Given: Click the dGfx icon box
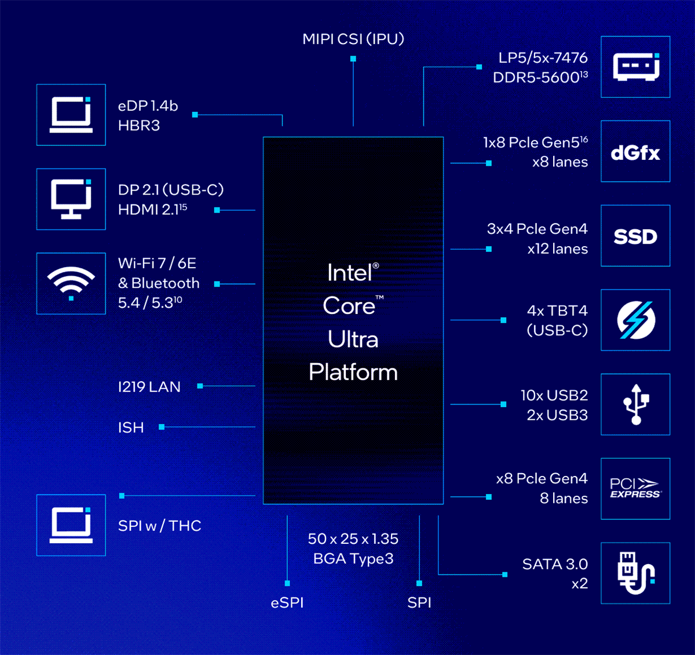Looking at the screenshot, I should (x=635, y=152).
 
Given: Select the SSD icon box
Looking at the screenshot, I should (x=635, y=236).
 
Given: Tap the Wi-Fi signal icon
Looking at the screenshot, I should (x=71, y=283).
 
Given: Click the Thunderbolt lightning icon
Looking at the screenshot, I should (x=635, y=320).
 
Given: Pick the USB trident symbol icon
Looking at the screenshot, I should (x=635, y=404).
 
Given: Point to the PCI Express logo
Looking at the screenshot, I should (x=635, y=488).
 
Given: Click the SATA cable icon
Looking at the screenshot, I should (x=635, y=573).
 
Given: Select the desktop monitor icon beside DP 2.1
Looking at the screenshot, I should (x=71, y=199).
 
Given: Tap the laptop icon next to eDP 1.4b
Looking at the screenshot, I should (x=71, y=115).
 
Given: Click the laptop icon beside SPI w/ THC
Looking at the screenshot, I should (x=71, y=525).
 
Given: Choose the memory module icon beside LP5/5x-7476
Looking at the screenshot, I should (x=635, y=67).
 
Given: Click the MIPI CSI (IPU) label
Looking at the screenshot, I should (x=353, y=39).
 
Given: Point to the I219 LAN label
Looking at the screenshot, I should (x=149, y=387).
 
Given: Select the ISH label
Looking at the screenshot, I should (x=131, y=427).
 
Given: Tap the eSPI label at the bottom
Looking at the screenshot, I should (x=287, y=602).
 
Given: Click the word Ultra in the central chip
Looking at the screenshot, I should (x=353, y=339).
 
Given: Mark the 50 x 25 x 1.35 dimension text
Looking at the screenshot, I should (x=353, y=539).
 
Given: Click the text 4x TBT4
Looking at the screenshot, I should (x=557, y=311).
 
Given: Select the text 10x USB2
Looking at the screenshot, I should (x=554, y=396).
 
